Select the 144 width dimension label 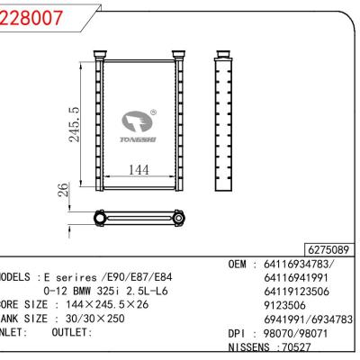point(138,168)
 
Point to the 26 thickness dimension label point(63,191)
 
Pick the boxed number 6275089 point(329,247)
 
